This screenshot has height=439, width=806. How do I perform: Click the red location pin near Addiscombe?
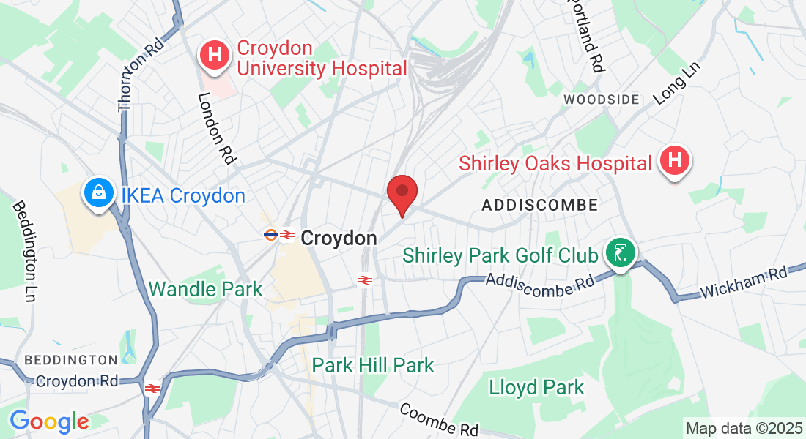click(x=402, y=192)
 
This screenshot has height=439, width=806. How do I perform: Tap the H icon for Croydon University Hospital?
click(x=215, y=54)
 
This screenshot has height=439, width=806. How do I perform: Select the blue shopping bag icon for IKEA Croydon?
click(x=97, y=194)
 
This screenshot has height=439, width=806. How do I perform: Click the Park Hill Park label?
click(x=373, y=364)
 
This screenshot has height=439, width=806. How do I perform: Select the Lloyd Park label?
click(x=537, y=387)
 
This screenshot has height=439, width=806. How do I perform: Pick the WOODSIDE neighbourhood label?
click(x=602, y=100)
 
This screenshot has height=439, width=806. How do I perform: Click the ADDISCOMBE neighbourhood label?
click(x=540, y=206)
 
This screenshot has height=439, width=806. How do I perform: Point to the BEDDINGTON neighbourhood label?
click(x=70, y=360)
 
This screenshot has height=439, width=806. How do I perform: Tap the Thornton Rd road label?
click(x=140, y=76)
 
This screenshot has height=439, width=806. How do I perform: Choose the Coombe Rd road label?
click(x=439, y=419)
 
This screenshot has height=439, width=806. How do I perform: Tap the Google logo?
click(x=49, y=421)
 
